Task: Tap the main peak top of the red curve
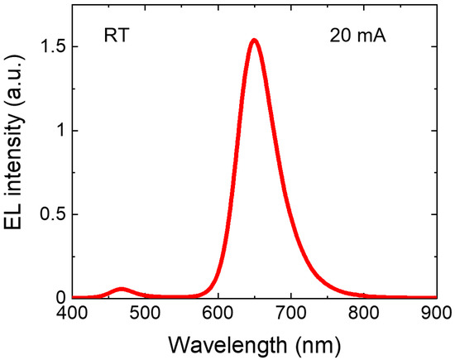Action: (x=255, y=40)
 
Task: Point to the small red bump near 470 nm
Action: (x=122, y=289)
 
